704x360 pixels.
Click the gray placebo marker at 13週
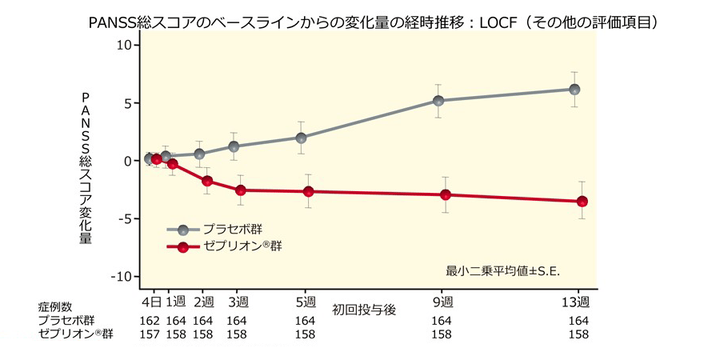click(574, 90)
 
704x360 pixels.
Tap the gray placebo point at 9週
click(438, 101)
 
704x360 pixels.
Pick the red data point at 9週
click(446, 194)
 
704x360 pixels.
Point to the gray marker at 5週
click(301, 138)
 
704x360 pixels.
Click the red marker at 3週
click(240, 190)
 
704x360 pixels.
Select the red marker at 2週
click(207, 181)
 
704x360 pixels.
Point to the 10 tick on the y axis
click(123, 45)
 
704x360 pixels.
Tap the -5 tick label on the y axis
click(123, 218)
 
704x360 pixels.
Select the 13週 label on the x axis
click(575, 302)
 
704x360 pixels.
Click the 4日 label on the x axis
click(152, 302)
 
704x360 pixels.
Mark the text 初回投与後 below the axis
click(365, 308)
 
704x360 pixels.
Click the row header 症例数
click(55, 306)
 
